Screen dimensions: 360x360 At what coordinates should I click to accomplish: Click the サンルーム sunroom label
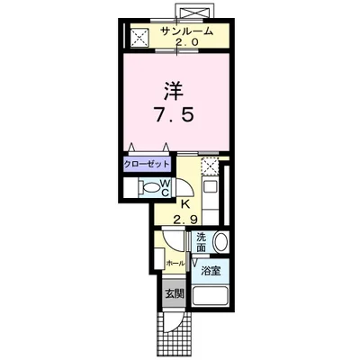pyautogui.click(x=188, y=31)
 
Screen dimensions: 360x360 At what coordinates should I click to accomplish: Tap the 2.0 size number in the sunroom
pyautogui.click(x=188, y=42)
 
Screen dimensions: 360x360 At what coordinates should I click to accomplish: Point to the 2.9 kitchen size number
pyautogui.click(x=187, y=220)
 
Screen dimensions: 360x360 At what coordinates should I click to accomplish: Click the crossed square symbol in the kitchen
pyautogui.click(x=210, y=166)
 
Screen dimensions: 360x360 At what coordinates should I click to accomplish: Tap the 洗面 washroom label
pyautogui.click(x=202, y=242)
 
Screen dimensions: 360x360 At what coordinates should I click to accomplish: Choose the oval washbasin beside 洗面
pyautogui.click(x=221, y=244)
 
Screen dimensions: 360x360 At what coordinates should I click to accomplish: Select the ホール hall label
pyautogui.click(x=175, y=263)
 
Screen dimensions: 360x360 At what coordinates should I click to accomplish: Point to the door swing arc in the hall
pyautogui.click(x=169, y=245)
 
